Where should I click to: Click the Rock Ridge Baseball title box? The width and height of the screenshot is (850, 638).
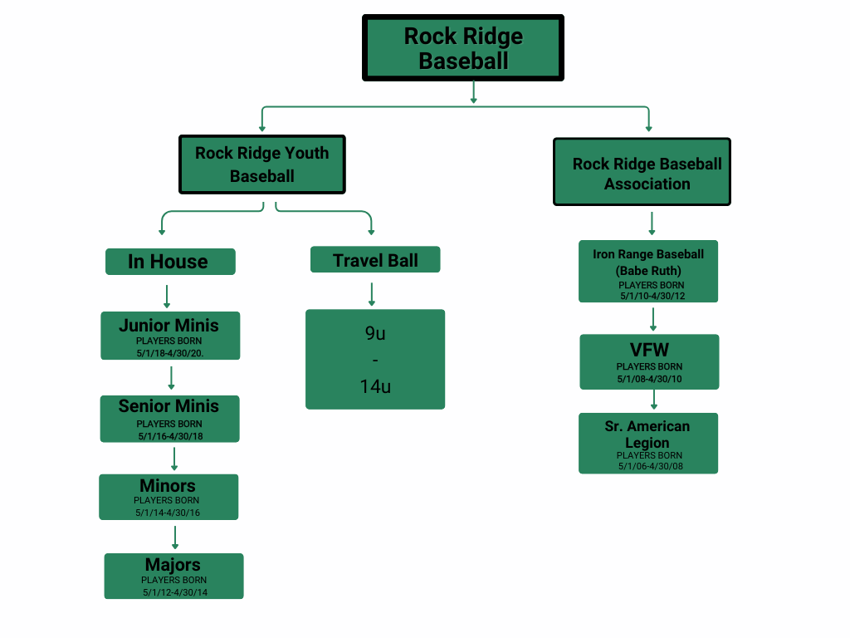click(463, 48)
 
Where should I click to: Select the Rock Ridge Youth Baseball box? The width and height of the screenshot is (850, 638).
click(262, 164)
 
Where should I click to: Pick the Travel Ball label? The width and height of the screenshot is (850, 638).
click(375, 260)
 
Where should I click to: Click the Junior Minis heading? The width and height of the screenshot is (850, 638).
click(169, 325)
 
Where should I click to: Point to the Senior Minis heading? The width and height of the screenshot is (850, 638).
click(169, 406)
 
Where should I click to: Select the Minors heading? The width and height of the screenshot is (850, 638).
click(168, 485)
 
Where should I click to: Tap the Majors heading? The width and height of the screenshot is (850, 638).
click(173, 565)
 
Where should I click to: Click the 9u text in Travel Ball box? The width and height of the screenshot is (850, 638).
click(375, 333)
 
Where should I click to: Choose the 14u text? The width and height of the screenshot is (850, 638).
click(375, 386)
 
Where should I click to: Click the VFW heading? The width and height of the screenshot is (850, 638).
click(649, 351)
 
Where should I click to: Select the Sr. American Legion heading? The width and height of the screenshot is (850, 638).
click(647, 434)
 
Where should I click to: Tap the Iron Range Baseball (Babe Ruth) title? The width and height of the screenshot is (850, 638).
click(648, 262)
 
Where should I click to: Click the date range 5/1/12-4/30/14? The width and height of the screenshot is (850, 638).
click(174, 592)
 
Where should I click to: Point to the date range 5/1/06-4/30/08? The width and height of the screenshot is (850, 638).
click(650, 466)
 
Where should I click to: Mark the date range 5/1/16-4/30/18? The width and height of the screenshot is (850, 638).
click(169, 436)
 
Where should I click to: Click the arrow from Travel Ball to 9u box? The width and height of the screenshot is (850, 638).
click(371, 294)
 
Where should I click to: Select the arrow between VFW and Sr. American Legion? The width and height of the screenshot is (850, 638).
click(654, 400)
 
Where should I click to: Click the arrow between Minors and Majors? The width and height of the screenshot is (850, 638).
click(174, 537)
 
